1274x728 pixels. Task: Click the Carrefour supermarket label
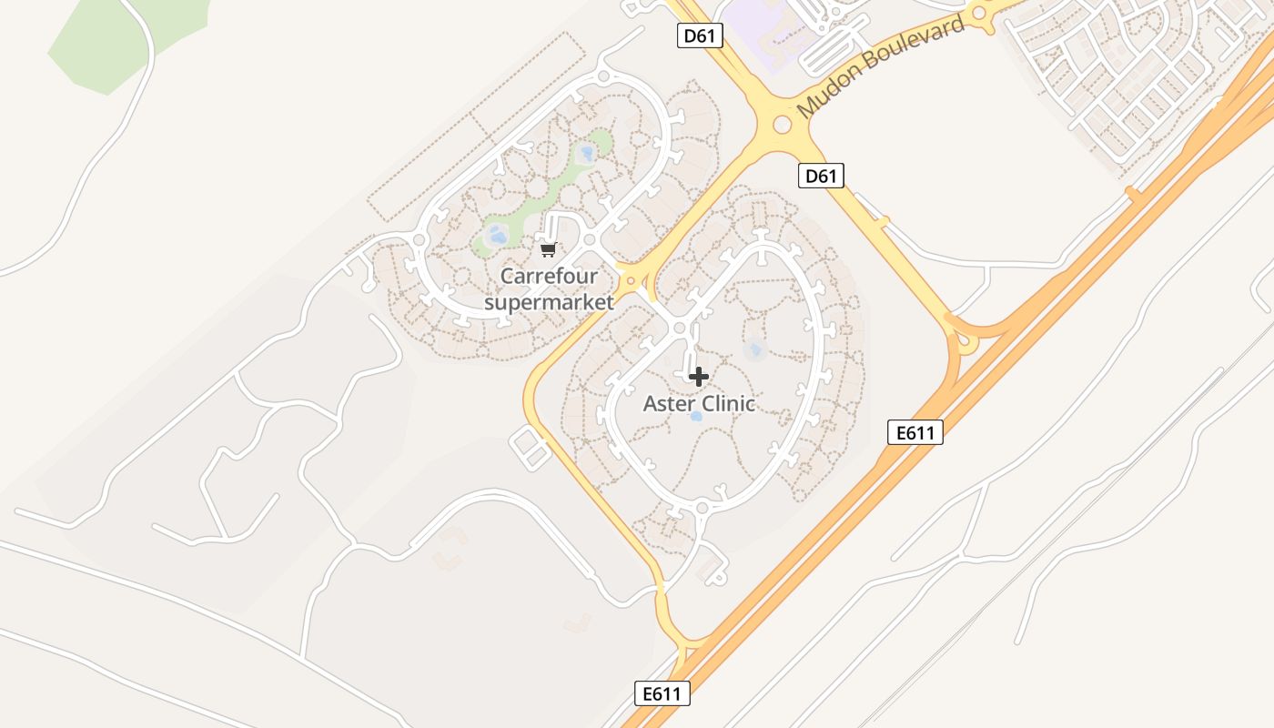549,288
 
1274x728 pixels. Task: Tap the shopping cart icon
548,249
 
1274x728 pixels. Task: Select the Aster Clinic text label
699,403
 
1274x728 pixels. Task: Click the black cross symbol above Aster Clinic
699,376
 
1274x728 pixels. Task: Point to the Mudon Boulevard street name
880,67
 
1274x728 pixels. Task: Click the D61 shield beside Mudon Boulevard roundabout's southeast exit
820,176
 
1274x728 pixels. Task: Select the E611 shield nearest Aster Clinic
915,432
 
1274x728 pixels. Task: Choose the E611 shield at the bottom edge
662,693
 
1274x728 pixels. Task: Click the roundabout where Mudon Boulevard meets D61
782,124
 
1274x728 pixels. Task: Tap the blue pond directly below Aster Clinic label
696,417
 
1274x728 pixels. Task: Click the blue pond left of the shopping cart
498,237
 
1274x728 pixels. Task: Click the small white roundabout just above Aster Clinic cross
679,328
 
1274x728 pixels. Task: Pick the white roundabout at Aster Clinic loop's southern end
703,508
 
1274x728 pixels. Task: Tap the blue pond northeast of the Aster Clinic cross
754,349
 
